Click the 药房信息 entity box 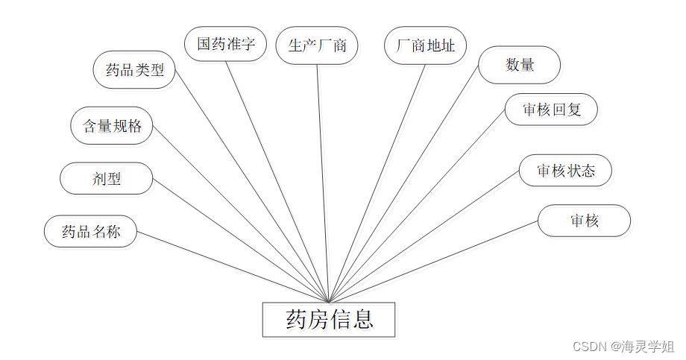(x=328, y=320)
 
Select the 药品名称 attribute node (x=91, y=231)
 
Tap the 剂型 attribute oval (x=106, y=179)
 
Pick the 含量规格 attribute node (x=112, y=125)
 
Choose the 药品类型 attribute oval (x=134, y=70)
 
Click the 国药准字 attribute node (x=226, y=44)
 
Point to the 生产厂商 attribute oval (x=317, y=45)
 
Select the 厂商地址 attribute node (x=425, y=45)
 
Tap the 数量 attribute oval (x=519, y=65)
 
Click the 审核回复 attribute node (x=550, y=110)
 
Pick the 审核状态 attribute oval (x=565, y=171)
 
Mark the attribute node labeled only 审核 (x=584, y=221)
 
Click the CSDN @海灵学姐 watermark (x=623, y=347)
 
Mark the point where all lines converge (x=329, y=301)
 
